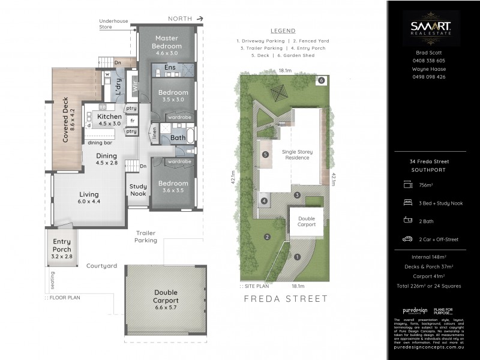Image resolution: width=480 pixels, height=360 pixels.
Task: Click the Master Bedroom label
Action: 166,42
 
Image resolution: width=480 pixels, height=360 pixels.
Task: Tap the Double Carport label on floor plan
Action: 166,297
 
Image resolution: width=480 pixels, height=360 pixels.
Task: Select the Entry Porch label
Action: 62,245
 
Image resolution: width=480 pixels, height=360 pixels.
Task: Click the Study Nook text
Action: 138,190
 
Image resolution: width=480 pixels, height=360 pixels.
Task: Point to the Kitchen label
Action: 109,116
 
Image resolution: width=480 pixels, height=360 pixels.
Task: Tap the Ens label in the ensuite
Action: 170,68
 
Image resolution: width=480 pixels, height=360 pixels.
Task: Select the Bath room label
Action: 177,137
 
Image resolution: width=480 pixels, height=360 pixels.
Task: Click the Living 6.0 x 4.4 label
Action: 89,198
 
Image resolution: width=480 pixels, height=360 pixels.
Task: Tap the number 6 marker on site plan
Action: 322,80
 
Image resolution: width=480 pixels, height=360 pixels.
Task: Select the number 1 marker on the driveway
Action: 297,257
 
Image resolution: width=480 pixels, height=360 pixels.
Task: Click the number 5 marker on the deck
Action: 265,154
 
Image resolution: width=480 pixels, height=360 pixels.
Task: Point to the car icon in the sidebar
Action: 407,239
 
